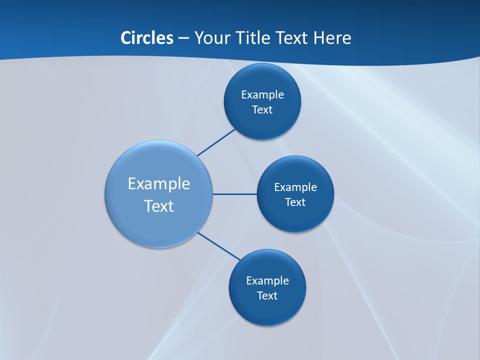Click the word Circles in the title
(x=147, y=38)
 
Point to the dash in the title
(x=183, y=38)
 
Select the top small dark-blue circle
(x=262, y=80)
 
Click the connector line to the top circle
(x=216, y=142)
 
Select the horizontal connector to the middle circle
(x=235, y=194)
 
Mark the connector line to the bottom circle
(x=219, y=246)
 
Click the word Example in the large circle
(x=159, y=183)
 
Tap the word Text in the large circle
(x=159, y=206)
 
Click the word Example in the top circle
(x=262, y=95)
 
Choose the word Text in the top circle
(x=262, y=110)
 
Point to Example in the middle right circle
(x=295, y=187)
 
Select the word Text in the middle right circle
(x=295, y=202)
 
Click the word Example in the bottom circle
(x=267, y=281)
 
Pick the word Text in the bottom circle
(x=267, y=296)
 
